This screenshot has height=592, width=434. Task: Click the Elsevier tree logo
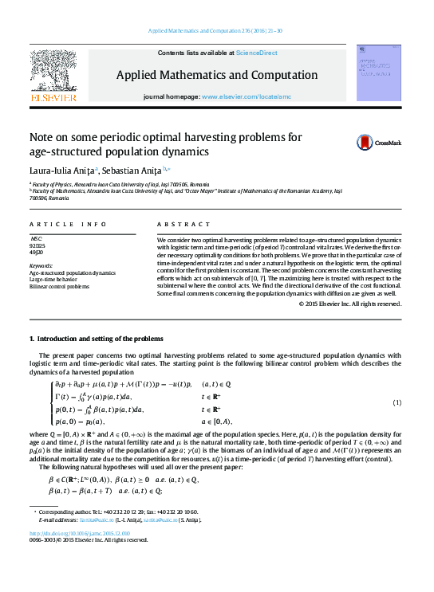point(53,73)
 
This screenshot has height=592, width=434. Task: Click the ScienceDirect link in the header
point(254,53)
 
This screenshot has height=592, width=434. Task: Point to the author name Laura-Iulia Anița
point(61,170)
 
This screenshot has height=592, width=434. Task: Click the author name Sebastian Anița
point(131,170)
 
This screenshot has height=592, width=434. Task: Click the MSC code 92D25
point(37,245)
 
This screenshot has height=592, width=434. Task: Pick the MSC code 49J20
point(37,253)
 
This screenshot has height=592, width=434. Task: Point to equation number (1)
point(397,402)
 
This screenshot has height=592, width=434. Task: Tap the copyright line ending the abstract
point(349,304)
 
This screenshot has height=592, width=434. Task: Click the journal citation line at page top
point(216,31)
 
